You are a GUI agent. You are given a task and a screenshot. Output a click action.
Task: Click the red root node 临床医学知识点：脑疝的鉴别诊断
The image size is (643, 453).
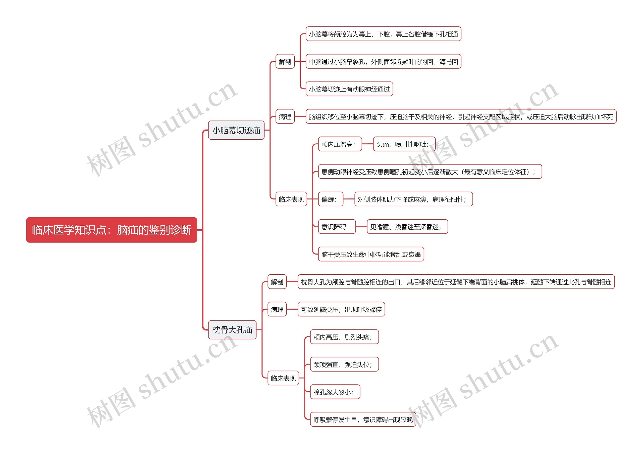click(x=112, y=230)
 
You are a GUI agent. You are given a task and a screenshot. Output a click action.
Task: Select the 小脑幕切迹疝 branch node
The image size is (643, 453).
click(x=236, y=130)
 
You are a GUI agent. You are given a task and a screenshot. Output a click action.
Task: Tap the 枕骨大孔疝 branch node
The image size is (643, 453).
click(x=232, y=330)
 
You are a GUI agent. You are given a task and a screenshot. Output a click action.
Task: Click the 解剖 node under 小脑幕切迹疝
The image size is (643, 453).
click(x=285, y=61)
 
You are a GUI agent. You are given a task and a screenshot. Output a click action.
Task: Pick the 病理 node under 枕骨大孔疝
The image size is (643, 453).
click(x=277, y=309)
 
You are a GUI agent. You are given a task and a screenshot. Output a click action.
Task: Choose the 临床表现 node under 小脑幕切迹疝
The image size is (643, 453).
click(x=291, y=199)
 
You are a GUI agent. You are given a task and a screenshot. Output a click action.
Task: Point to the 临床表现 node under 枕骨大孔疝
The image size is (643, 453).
click(x=283, y=378)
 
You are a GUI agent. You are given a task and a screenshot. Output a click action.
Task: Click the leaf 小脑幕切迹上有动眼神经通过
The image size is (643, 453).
click(x=349, y=89)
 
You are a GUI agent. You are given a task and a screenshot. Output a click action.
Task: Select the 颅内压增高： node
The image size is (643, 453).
click(x=340, y=144)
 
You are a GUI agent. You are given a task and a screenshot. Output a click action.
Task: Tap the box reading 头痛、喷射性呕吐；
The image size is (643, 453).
click(x=404, y=144)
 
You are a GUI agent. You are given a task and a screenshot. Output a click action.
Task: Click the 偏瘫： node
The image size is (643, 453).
click(x=331, y=199)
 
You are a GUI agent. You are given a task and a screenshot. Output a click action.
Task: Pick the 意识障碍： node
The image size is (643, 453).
click(x=337, y=227)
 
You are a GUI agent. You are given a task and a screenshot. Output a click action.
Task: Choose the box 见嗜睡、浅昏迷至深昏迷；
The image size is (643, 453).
click(x=407, y=227)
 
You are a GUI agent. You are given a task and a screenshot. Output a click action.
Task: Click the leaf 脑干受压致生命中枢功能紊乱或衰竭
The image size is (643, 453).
click(x=371, y=254)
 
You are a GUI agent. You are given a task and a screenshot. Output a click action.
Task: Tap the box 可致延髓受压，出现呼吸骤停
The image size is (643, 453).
click(x=341, y=309)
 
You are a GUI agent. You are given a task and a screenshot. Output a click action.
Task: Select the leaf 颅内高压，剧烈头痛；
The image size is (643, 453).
click(x=344, y=337)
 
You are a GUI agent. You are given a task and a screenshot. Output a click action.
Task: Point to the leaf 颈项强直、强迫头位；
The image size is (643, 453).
click(x=344, y=364)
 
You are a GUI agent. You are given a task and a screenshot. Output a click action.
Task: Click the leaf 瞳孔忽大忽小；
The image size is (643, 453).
click(x=335, y=392)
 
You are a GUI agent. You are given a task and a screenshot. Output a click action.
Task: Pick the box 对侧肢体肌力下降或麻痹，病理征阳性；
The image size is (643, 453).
click(x=413, y=199)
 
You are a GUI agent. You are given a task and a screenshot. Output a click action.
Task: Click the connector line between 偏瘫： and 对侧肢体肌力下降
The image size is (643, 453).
click(x=349, y=199)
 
